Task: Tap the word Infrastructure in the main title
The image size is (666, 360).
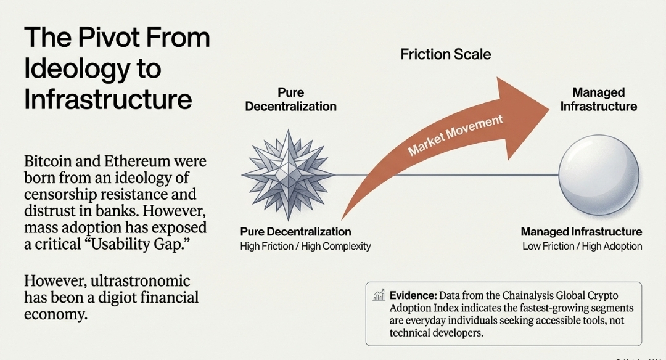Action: tap(108, 99)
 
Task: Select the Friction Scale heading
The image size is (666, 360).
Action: tap(445, 54)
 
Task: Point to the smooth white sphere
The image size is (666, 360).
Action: tap(598, 172)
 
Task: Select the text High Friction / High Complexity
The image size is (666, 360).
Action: tap(305, 247)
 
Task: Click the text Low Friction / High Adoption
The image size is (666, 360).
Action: tap(582, 247)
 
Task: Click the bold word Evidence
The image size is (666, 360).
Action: tap(413, 295)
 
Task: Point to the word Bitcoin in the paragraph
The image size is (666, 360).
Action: tap(51, 163)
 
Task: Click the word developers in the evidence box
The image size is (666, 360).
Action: tap(456, 333)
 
